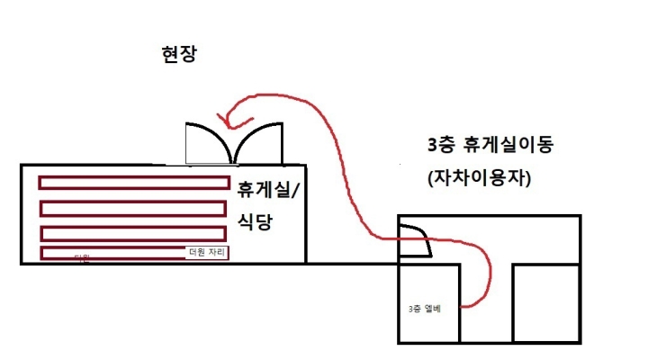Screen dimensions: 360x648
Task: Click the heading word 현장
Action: click(175, 55)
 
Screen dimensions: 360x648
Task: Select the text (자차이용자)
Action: click(481, 179)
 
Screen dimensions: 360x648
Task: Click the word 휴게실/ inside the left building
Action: click(269, 190)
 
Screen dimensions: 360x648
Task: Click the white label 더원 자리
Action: click(207, 252)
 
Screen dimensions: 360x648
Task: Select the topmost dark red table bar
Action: click(132, 183)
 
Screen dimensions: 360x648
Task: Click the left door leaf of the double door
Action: click(209, 144)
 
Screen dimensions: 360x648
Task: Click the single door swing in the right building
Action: click(415, 238)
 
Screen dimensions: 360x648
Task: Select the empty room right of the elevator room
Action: click(544, 303)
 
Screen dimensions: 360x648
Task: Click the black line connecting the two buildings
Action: click(351, 263)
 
